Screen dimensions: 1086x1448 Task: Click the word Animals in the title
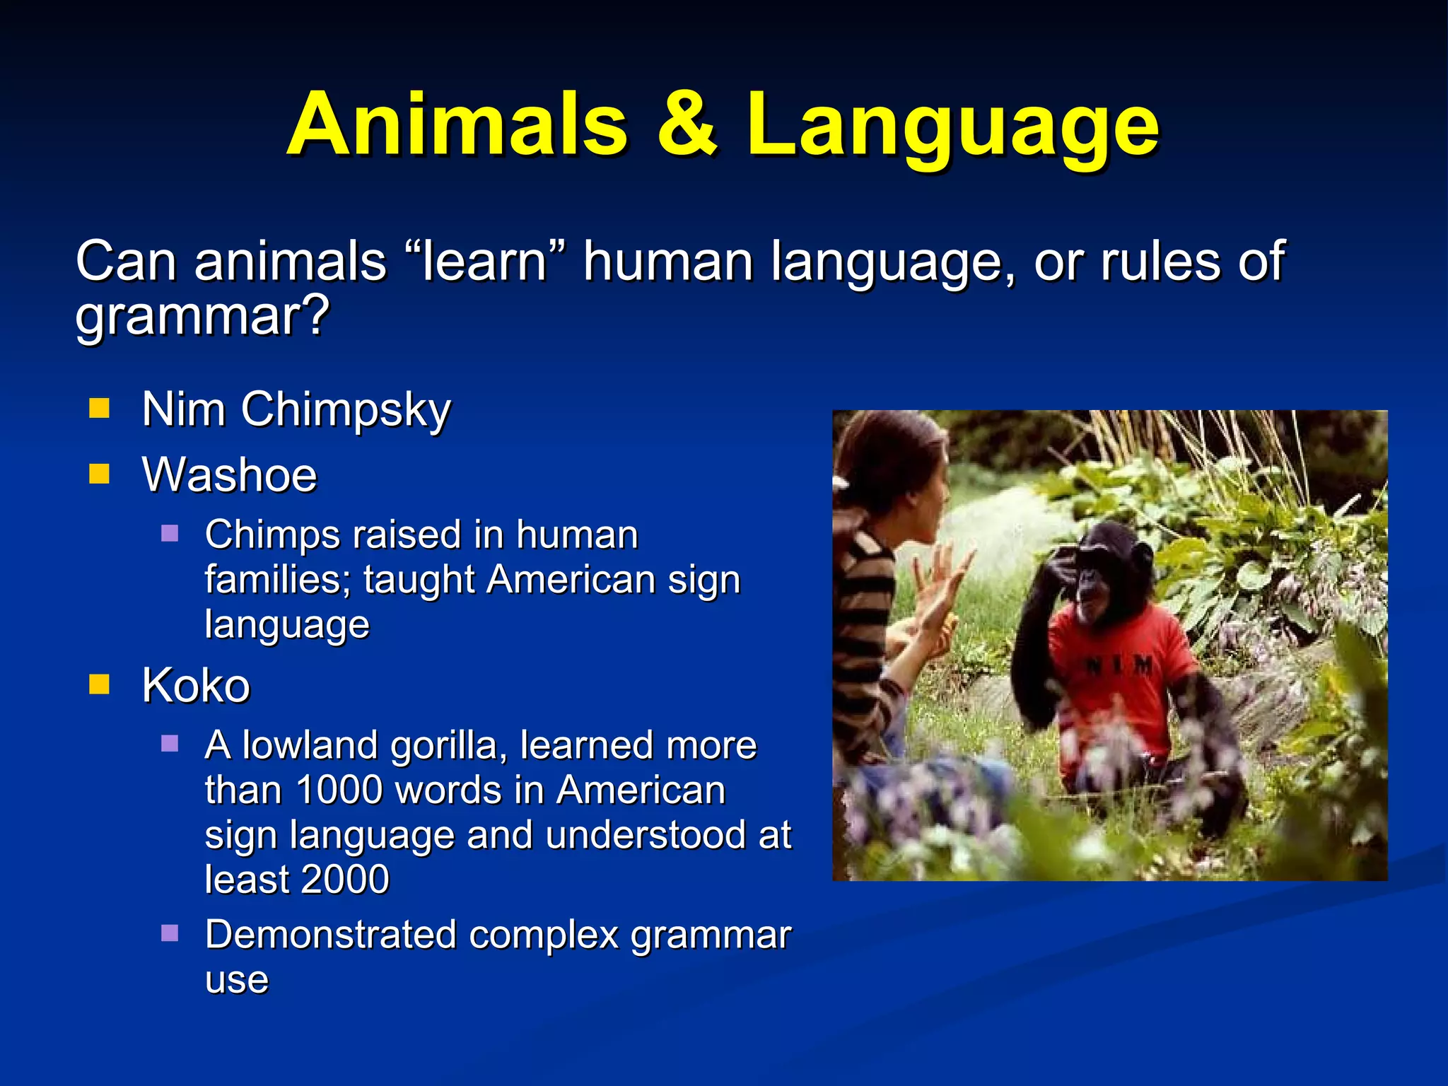point(457,125)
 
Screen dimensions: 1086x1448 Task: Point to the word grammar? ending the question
point(202,317)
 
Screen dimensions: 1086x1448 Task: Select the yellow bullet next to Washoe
point(100,474)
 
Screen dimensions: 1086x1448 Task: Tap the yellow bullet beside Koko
point(100,684)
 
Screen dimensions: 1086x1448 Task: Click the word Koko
point(196,685)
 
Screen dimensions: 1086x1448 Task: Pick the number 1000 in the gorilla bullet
point(339,790)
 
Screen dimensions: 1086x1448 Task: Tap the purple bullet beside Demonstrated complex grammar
point(170,933)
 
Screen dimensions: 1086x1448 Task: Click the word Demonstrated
point(330,935)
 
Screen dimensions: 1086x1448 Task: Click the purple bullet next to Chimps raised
point(170,532)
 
